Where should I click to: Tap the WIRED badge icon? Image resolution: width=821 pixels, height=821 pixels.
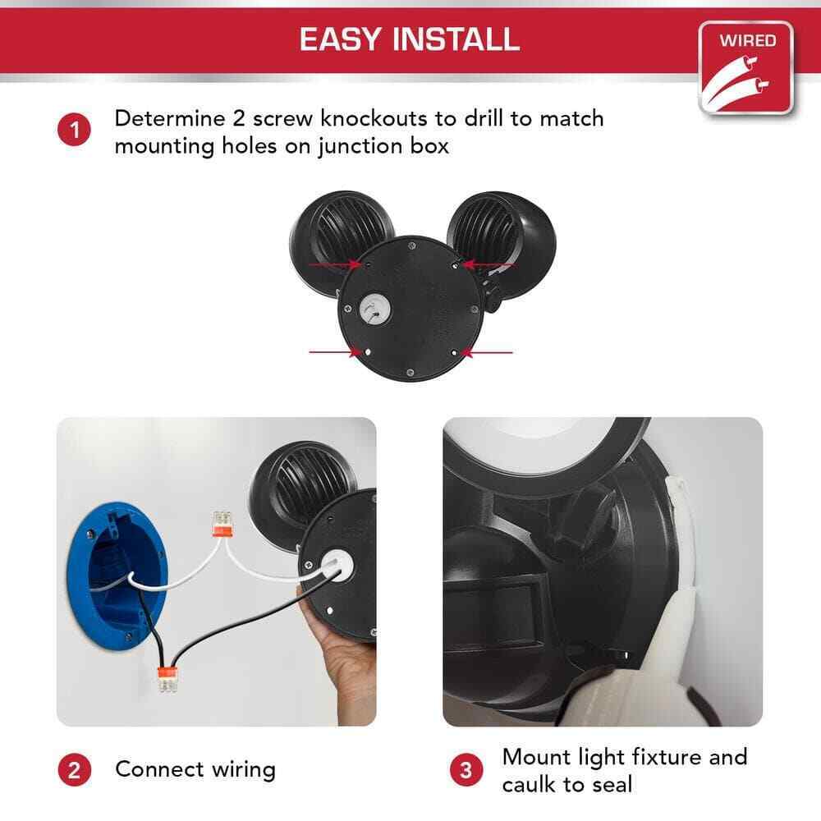pos(746,68)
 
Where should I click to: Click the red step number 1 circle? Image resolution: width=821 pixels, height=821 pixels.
pos(74,131)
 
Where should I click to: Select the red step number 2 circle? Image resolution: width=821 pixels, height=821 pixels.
pos(74,770)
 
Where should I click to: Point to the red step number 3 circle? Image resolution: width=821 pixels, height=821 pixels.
pos(466,770)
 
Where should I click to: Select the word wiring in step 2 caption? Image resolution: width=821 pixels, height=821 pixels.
pos(244,770)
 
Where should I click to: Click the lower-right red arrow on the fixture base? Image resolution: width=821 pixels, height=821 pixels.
pos(487,353)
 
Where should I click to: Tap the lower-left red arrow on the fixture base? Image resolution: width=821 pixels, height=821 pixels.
pos(335,352)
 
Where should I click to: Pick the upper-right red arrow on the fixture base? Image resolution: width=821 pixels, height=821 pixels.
pos(488,264)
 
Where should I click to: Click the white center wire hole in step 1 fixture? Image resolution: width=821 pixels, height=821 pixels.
pos(375,310)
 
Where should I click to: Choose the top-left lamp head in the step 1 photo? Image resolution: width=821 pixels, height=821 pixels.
pos(342,240)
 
